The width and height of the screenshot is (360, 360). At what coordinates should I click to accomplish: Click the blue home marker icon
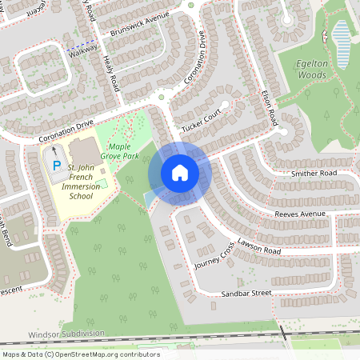pyautogui.click(x=180, y=173)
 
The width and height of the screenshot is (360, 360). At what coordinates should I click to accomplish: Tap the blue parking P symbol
pyautogui.click(x=56, y=166)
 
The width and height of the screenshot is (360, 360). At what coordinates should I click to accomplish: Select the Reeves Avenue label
pyautogui.click(x=299, y=214)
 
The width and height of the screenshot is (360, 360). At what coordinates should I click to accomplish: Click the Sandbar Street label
pyautogui.click(x=246, y=294)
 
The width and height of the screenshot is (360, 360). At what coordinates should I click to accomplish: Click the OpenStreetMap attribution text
pyautogui.click(x=80, y=354)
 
